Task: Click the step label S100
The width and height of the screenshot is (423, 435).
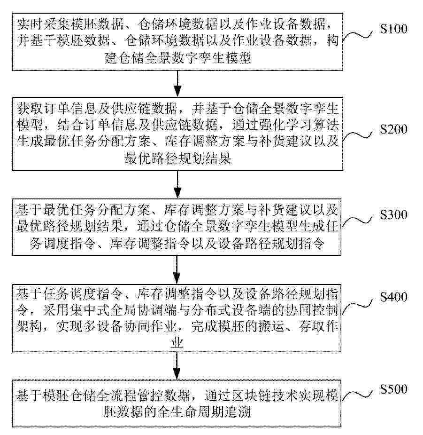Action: (393, 29)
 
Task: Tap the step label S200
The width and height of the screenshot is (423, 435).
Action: (393, 129)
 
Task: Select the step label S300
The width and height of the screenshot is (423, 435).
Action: (393, 215)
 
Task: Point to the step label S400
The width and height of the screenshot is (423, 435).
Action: (393, 297)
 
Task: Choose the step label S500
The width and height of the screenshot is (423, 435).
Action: (393, 389)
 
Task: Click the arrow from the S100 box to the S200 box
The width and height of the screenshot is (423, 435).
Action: (177, 84)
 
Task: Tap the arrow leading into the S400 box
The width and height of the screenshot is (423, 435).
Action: (177, 269)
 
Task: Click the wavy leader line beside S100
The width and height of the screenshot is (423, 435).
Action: (358, 36)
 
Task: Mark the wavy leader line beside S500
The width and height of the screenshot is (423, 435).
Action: (357, 395)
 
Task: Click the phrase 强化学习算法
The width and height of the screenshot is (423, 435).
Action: (299, 125)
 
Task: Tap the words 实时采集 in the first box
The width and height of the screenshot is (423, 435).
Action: (43, 24)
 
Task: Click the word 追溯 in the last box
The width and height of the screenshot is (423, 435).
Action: (238, 412)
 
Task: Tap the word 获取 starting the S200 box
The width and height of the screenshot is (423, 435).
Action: (30, 109)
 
